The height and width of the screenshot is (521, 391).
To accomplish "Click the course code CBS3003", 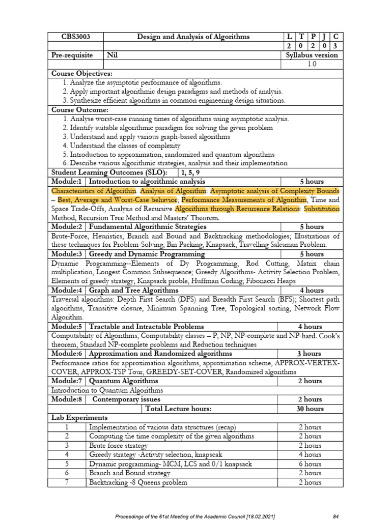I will [x=69, y=37].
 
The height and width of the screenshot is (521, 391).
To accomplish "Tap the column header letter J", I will [x=325, y=37].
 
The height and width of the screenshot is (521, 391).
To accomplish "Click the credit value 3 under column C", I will [x=336, y=46].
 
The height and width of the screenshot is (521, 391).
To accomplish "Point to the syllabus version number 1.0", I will [x=312, y=64].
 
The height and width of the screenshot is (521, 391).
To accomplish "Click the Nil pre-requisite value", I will [x=113, y=55].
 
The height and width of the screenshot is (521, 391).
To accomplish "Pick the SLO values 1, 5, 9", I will [x=195, y=172].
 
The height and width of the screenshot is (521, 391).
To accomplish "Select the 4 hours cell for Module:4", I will [x=311, y=290].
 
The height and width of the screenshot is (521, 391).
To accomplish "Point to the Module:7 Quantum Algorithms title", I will [x=124, y=381].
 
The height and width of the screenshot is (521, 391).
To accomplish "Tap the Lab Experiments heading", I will [x=75, y=418].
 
